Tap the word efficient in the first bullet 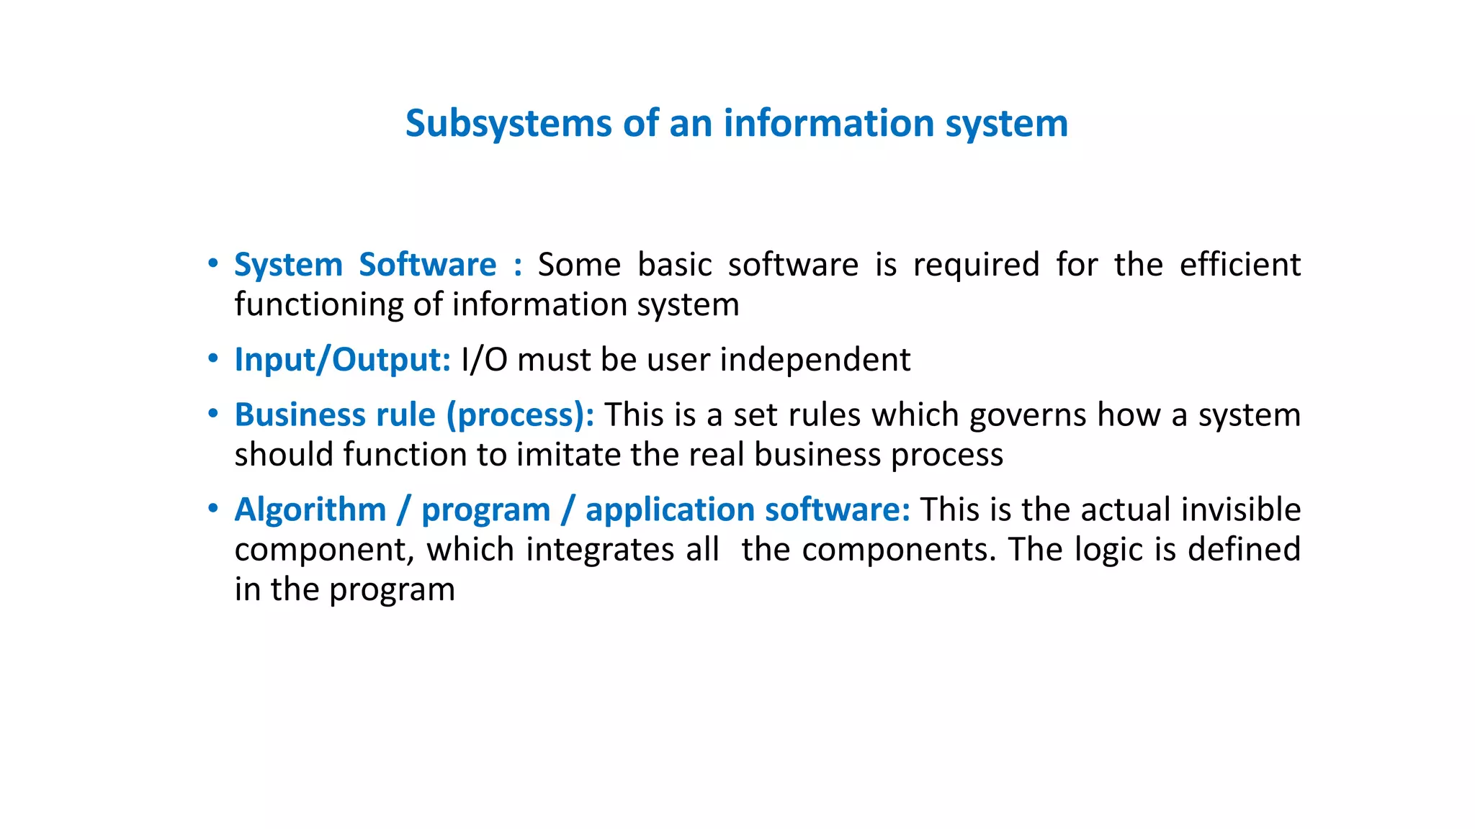coord(1239,265)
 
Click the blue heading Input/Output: coord(342,360)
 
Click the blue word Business coord(298,415)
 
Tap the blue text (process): coord(520,415)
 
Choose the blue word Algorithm coord(310,510)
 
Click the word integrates coord(623,550)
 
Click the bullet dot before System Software coord(212,264)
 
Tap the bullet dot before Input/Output coord(212,358)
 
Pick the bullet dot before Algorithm coord(212,509)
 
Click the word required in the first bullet coord(976,265)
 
